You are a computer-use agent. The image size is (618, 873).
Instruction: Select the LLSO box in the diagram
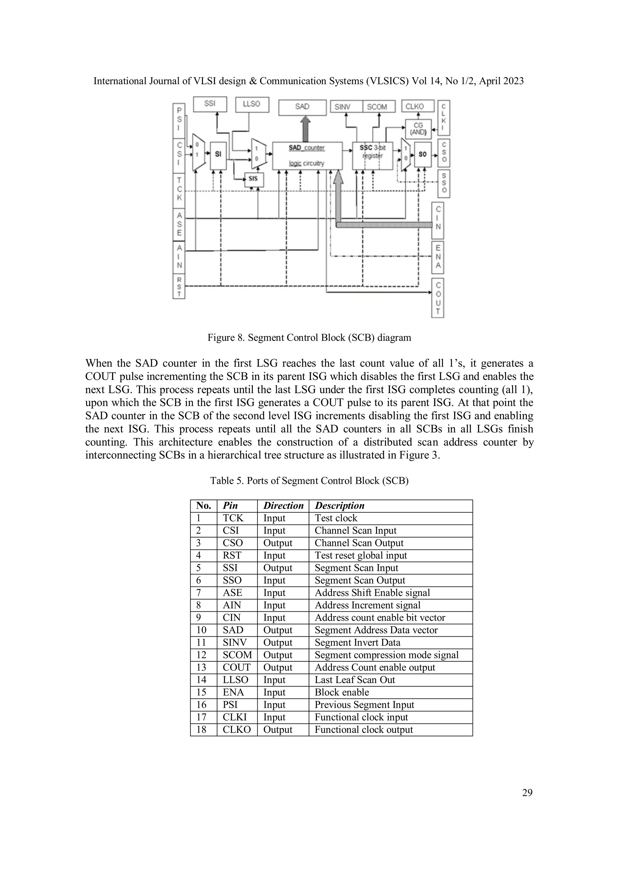tap(252, 104)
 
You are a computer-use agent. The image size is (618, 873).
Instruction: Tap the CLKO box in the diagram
tap(417, 106)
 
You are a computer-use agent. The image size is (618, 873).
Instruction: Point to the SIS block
tap(253, 179)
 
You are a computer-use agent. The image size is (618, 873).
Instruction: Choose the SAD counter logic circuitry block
tap(307, 156)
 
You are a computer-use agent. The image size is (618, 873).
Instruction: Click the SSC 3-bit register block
tap(372, 156)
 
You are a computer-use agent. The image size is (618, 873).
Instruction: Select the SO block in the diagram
tap(422, 154)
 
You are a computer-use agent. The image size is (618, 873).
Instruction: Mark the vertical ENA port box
tap(438, 257)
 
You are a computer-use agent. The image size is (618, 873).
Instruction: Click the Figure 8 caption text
tap(309, 338)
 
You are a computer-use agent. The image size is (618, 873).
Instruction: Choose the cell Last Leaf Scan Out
tap(354, 680)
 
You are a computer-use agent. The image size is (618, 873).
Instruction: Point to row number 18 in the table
tap(201, 730)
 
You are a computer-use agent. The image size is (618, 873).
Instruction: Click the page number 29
tap(527, 793)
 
